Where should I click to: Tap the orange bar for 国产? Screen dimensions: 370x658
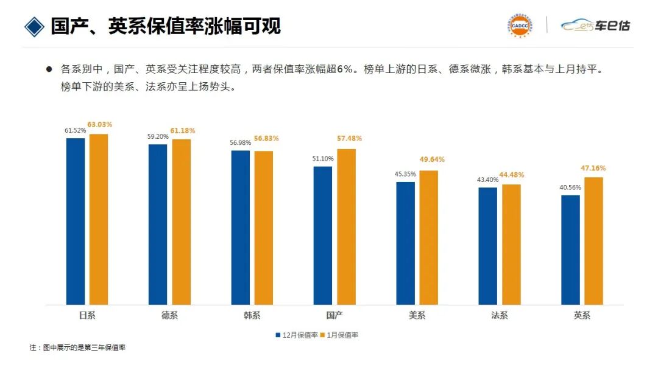coord(346,226)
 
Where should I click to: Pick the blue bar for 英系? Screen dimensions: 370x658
coord(570,250)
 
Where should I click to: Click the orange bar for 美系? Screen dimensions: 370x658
coord(428,237)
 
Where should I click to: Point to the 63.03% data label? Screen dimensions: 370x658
coord(100,125)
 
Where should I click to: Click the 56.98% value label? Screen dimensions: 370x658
coord(240,142)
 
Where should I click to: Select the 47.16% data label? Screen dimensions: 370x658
coord(594,168)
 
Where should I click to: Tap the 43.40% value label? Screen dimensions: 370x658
coord(487,180)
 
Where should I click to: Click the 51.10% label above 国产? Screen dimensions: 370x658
coord(322,158)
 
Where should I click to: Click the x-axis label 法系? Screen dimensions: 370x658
coord(500,315)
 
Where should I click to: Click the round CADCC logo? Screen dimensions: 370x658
coord(520,25)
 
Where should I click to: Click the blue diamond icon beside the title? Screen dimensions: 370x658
coord(35,26)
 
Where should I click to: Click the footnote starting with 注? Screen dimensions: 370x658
coord(77,347)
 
